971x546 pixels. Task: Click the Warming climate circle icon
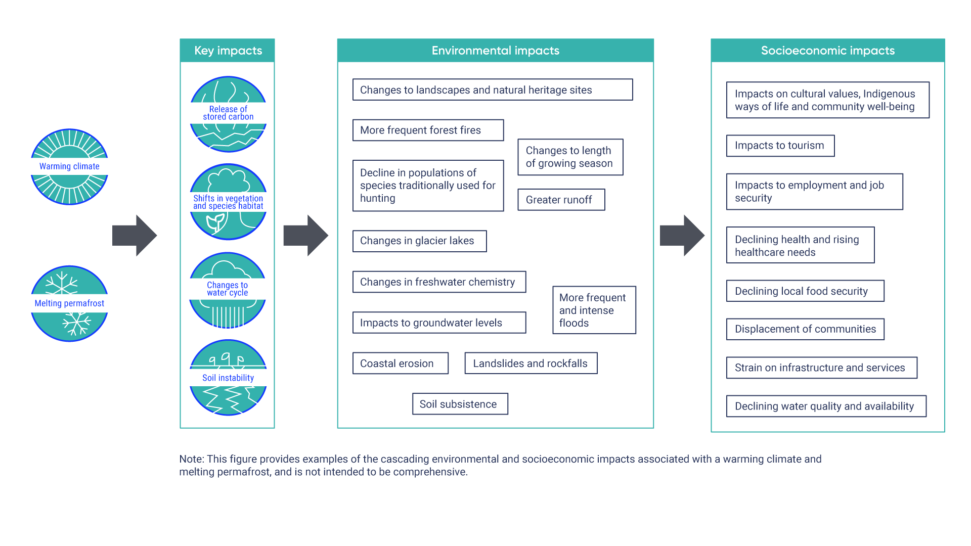pyautogui.click(x=69, y=167)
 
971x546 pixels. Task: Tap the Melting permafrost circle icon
pyautogui.click(x=69, y=303)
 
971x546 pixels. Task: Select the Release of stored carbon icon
pyautogui.click(x=228, y=114)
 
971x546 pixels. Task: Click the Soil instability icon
pyautogui.click(x=228, y=378)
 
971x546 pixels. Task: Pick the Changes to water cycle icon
pyautogui.click(x=228, y=290)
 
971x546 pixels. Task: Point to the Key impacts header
pyautogui.click(x=228, y=51)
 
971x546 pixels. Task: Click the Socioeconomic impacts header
pyautogui.click(x=827, y=51)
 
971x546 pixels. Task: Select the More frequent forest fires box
pyautogui.click(x=428, y=130)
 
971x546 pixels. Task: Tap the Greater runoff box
pyautogui.click(x=561, y=200)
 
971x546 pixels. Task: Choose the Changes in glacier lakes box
pyautogui.click(x=419, y=241)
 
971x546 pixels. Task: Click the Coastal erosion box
pyautogui.click(x=400, y=363)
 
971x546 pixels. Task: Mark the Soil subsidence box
pyautogui.click(x=460, y=404)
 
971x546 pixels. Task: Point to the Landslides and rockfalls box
pyautogui.click(x=531, y=363)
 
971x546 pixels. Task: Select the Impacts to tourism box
pyautogui.click(x=780, y=146)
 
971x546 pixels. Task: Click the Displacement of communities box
pyautogui.click(x=805, y=329)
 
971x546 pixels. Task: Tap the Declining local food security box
pyautogui.click(x=805, y=291)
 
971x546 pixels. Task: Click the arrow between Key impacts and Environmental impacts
pyautogui.click(x=305, y=236)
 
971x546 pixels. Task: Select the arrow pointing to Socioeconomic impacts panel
pyautogui.click(x=682, y=236)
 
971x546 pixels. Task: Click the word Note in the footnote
pyautogui.click(x=191, y=459)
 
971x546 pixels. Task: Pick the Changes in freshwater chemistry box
pyautogui.click(x=439, y=282)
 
